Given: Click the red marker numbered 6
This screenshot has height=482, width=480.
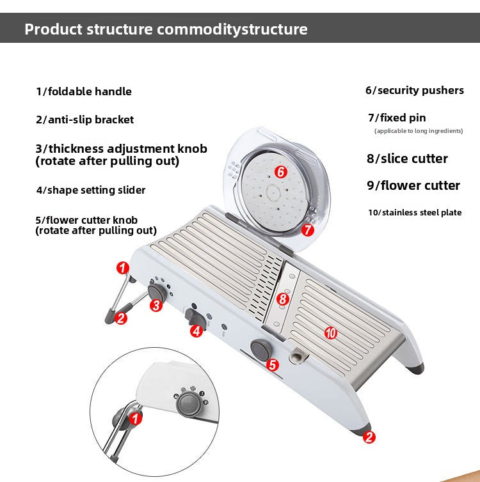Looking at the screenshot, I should coord(280,171).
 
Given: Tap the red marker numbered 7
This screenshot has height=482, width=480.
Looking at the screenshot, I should coord(307,229).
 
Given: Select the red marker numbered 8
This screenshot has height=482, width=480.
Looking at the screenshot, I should coord(283,298).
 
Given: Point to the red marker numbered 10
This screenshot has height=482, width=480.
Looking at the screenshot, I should coord(330,332).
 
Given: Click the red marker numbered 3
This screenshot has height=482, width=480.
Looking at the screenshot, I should coord(155,305).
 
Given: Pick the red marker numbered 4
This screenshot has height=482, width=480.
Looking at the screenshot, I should coord(196,330).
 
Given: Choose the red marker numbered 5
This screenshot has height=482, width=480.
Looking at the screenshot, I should coord(272,365).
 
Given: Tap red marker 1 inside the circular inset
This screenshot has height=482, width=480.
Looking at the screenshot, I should coord(135,419).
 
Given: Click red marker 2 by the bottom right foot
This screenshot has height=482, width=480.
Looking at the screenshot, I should coord(369,437).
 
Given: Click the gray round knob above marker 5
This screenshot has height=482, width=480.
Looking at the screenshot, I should coord(260,349).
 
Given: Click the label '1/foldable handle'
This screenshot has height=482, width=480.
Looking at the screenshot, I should coord(84,91).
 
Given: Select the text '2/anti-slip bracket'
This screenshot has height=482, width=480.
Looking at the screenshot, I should coord(85,120).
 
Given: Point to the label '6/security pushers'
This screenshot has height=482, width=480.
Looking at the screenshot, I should coord(414,90).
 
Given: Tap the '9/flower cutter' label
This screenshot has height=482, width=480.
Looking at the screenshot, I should coord(413,185).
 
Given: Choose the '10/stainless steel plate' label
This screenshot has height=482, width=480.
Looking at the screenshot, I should coord(414,212).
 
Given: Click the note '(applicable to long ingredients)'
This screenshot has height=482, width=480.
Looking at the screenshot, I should coord(418,131).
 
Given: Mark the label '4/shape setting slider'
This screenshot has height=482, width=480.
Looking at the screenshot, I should coord(91,190).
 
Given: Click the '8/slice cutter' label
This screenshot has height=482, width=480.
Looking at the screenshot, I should coord(407,159).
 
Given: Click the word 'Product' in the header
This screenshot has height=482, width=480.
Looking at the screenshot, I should coord(52,29).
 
